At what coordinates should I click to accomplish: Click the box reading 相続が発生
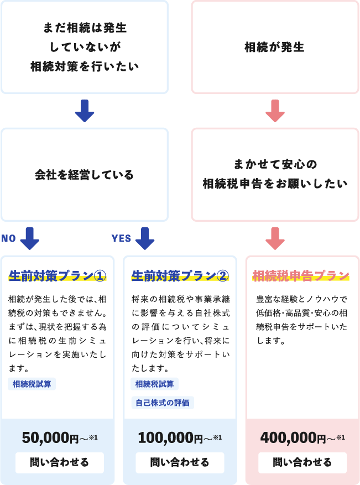click(275, 48)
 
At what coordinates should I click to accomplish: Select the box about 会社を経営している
click(85, 175)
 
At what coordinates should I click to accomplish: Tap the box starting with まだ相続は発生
click(85, 48)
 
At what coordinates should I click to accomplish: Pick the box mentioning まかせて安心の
click(275, 174)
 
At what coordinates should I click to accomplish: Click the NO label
click(8, 238)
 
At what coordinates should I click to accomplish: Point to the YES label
click(121, 238)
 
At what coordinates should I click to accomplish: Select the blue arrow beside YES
click(144, 238)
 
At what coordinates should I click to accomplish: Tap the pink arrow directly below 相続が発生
click(275, 111)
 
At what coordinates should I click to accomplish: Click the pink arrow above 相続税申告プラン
click(275, 238)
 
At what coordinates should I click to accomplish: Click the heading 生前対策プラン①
click(58, 275)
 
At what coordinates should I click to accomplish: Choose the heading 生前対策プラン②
click(180, 275)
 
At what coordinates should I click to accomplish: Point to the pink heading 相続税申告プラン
click(301, 275)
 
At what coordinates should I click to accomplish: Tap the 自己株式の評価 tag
click(163, 403)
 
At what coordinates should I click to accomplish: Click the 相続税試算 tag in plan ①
click(32, 384)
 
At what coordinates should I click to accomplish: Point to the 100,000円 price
click(180, 438)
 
